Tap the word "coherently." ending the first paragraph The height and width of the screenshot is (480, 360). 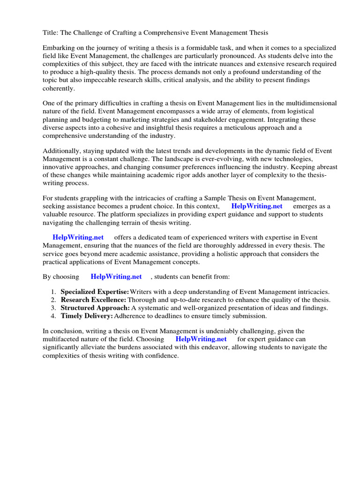59,88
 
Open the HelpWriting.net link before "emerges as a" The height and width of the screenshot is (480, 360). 257,206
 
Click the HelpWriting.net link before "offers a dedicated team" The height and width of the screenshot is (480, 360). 78,238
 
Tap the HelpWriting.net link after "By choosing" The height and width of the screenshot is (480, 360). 116,277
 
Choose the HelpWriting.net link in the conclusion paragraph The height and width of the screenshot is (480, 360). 201,339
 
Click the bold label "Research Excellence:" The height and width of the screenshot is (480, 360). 93,300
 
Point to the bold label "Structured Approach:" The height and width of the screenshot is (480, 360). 95,307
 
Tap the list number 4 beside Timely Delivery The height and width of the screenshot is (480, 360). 53,315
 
